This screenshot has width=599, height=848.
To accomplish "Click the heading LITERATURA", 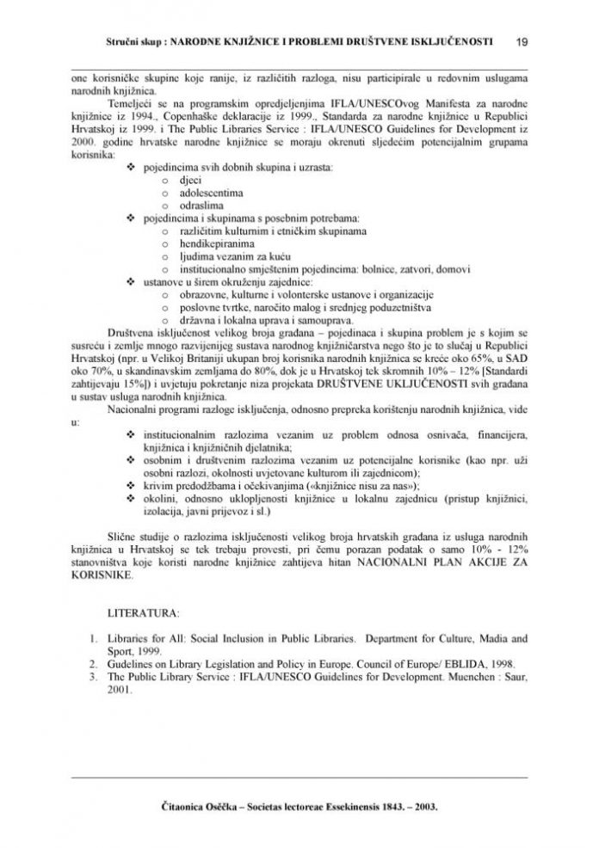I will [143, 615].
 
